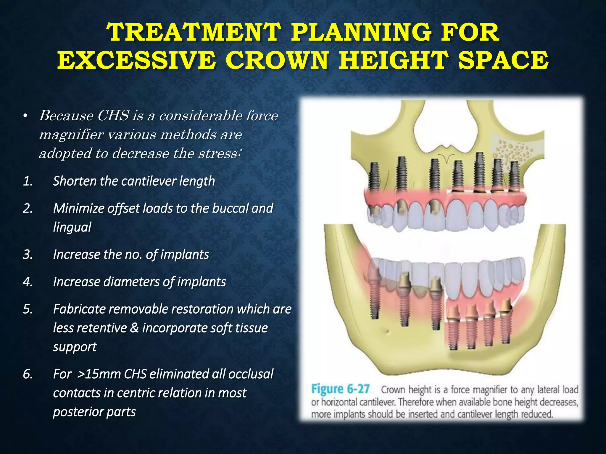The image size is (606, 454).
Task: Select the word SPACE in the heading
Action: pos(503,61)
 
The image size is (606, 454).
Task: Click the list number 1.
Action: pos(28,181)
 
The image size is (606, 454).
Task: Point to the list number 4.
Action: pos(28,282)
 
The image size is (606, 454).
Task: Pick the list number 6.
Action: pos(28,374)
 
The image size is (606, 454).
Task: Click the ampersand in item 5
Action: pos(134,328)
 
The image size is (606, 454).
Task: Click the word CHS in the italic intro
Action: pos(113,116)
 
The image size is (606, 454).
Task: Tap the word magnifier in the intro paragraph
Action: pos(71,135)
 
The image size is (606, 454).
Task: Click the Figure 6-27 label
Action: pos(340,389)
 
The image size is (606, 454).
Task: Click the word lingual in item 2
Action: pos(72,227)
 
